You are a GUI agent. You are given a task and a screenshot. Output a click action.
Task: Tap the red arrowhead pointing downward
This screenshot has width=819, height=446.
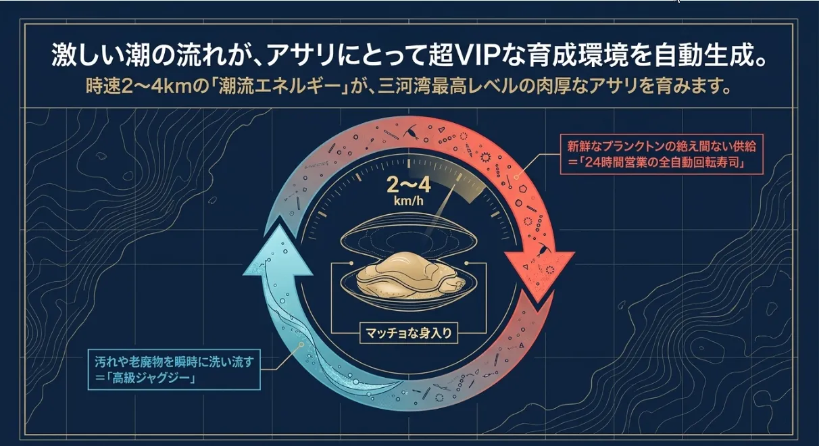point(540,277)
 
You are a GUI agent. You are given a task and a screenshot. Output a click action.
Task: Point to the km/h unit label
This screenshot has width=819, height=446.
point(409,201)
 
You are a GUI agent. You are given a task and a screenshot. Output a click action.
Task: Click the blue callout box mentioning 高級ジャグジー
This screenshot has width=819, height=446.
point(174,368)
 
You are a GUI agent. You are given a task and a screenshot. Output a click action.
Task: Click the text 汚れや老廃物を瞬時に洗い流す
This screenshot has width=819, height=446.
point(173,361)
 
